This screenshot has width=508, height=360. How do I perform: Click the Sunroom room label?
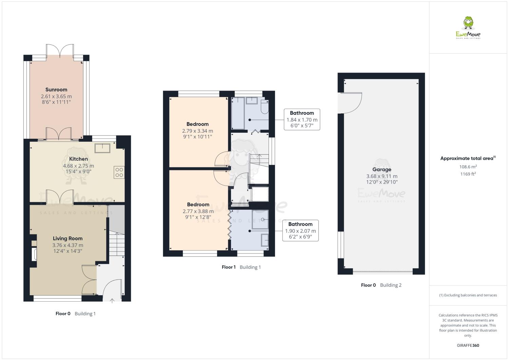point(56,90)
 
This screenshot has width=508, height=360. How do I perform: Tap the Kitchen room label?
point(78,159)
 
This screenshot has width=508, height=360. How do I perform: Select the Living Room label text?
point(67,239)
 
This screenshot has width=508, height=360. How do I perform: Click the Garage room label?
point(382,169)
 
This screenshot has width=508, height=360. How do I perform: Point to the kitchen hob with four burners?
point(119,173)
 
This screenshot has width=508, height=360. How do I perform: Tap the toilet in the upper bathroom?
point(265,107)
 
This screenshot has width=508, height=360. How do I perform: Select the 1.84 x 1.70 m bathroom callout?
point(302,119)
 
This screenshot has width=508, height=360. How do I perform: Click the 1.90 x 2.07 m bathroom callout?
point(300,231)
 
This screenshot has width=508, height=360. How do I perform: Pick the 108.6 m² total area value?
point(468,167)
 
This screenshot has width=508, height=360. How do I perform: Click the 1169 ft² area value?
point(468,174)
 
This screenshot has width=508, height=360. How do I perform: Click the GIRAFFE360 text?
point(468,345)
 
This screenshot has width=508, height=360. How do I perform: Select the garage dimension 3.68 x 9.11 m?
point(382,176)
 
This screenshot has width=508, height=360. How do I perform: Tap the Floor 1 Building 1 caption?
point(241,267)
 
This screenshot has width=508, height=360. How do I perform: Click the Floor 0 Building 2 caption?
point(381,285)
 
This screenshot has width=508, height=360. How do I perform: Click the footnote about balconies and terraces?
point(468,295)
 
